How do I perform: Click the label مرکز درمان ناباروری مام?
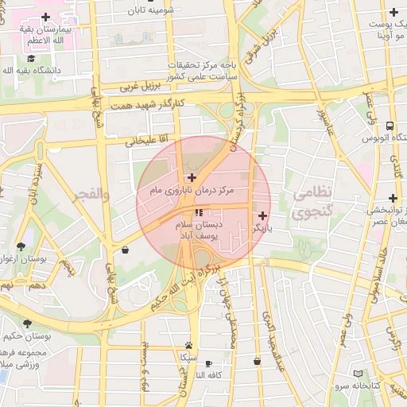(193, 192)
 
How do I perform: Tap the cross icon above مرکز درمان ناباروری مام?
(192, 177)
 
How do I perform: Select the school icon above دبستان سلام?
(199, 213)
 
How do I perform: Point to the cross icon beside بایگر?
(263, 215)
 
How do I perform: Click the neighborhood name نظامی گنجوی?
(314, 203)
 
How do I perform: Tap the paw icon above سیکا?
(188, 345)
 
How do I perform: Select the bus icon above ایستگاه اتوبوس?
(390, 126)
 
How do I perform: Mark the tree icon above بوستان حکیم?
(29, 323)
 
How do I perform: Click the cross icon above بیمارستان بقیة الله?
(45, 16)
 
